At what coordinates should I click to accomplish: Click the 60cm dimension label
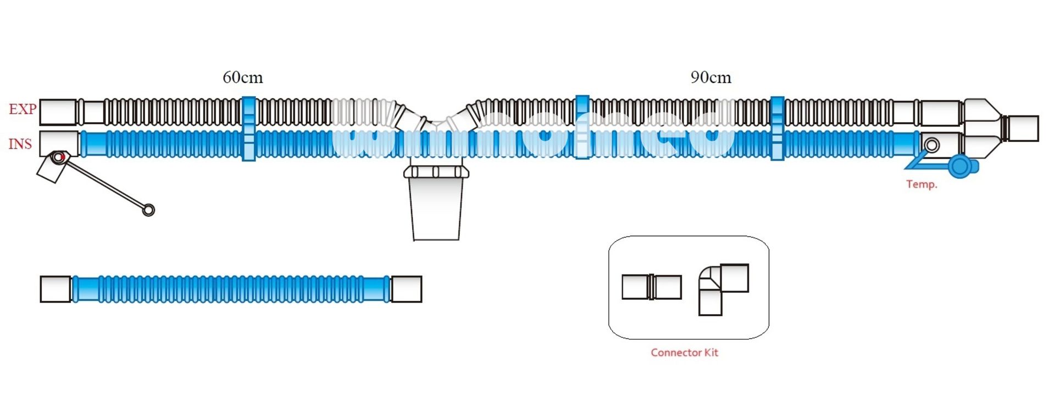(x=242, y=77)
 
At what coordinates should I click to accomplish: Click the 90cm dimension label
(x=711, y=77)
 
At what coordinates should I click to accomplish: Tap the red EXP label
(x=22, y=109)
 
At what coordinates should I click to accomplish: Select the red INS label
(x=20, y=144)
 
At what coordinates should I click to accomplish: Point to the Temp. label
(x=922, y=184)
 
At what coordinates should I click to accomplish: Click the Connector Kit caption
(x=684, y=353)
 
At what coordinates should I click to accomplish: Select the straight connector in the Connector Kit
(x=651, y=287)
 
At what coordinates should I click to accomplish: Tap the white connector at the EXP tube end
(x=58, y=112)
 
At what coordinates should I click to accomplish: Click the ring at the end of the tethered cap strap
(x=148, y=210)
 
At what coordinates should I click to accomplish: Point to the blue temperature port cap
(x=961, y=167)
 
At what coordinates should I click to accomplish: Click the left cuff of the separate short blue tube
(x=56, y=289)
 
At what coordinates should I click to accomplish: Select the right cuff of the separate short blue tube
(x=406, y=289)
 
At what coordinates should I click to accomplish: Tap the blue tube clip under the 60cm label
(x=248, y=129)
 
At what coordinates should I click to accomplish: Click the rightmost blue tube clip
(x=776, y=129)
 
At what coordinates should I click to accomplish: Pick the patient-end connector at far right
(x=1022, y=129)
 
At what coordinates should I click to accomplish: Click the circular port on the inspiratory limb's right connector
(x=931, y=145)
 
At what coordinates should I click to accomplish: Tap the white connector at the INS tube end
(x=58, y=143)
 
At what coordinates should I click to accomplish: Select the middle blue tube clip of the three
(x=582, y=128)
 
